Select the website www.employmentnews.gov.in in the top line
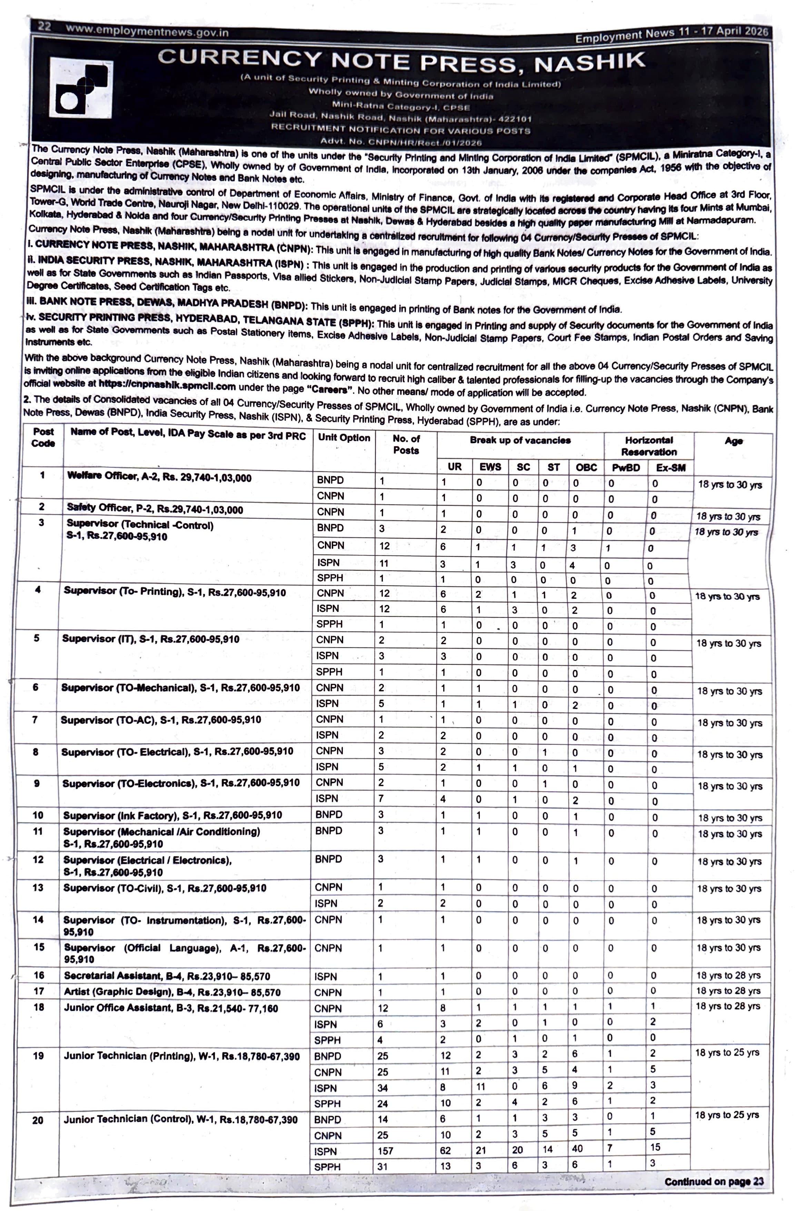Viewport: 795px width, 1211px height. pyautogui.click(x=147, y=31)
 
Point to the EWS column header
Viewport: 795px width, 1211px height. pyautogui.click(x=490, y=467)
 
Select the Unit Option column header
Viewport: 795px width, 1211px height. pyautogui.click(x=344, y=438)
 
